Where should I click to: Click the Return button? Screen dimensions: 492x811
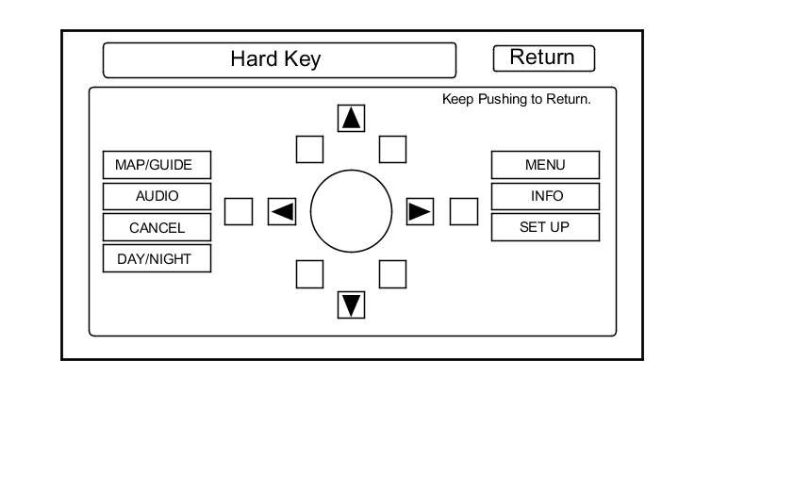coord(543,57)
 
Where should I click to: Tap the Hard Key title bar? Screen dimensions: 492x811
coord(278,59)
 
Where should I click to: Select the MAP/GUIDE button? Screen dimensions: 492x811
coord(157,165)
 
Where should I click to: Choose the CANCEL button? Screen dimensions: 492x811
coord(157,227)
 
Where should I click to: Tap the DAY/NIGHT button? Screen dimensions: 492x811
coord(157,258)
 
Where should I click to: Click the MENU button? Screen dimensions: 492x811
coord(545,165)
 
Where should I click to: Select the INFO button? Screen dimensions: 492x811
coord(545,196)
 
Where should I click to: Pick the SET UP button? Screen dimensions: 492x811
coord(545,227)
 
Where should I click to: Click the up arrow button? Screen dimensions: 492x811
coord(352,118)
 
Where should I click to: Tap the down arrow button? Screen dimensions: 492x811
coord(352,304)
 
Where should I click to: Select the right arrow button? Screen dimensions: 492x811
coord(420,211)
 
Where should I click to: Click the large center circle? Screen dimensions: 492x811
coord(351,211)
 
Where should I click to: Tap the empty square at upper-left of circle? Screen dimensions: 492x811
coord(310,149)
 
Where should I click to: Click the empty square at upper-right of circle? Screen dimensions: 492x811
coord(392,149)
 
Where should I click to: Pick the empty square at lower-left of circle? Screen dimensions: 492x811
coord(310,273)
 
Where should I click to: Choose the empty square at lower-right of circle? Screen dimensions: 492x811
coord(392,273)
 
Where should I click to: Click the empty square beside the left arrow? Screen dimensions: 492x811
coord(239,211)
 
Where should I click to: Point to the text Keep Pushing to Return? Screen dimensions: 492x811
coord(517,99)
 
